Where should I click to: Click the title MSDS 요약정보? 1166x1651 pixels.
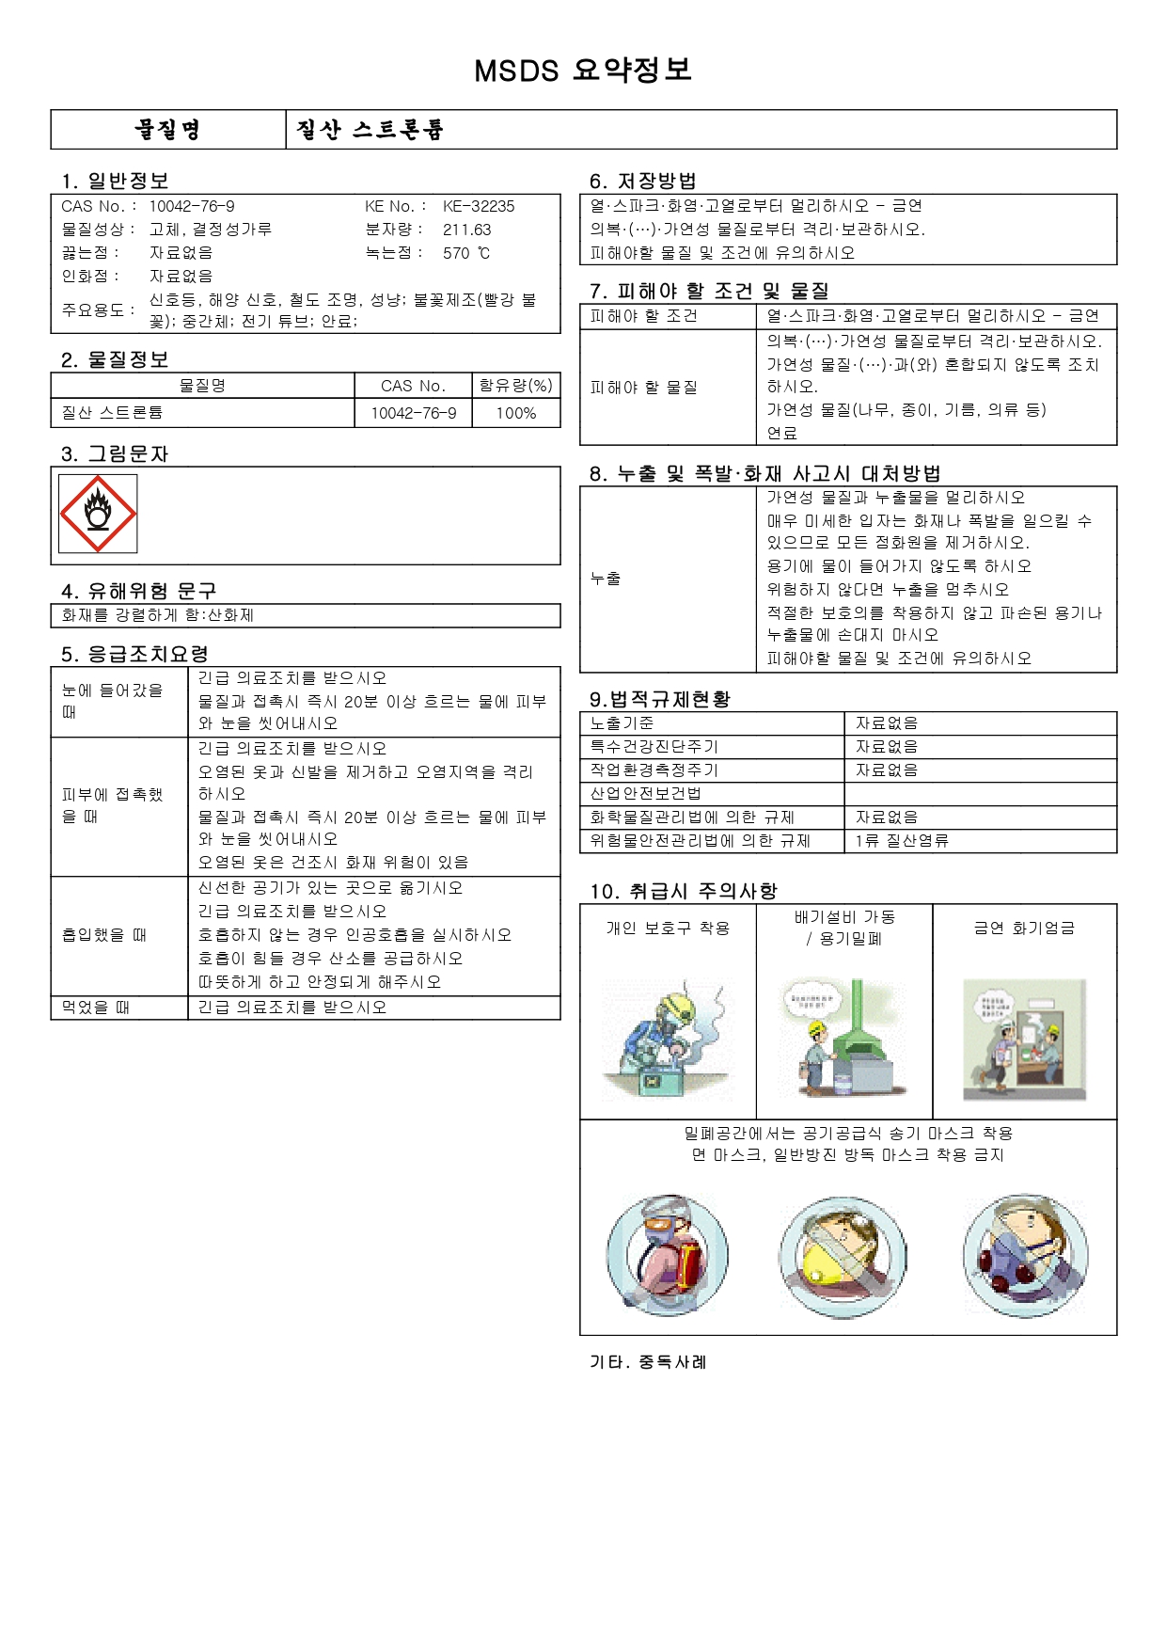582,71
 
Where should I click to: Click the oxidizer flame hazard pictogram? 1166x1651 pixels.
98,514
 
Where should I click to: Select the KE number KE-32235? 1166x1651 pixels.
479,206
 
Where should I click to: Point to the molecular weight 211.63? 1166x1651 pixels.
466,230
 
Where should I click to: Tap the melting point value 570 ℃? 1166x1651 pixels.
466,253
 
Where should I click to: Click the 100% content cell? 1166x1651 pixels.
515,413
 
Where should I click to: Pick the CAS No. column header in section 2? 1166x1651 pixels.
413,386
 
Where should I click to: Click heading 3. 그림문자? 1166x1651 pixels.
114,454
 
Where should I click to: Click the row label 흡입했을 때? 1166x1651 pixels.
103,935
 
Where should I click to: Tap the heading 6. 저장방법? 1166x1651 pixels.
642,181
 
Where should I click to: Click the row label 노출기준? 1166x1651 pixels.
622,723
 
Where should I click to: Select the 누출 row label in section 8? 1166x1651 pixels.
606,579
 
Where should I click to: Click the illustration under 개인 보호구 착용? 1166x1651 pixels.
667,1040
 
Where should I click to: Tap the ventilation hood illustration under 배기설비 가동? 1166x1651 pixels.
843,1037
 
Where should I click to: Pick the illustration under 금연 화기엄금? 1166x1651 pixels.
1024,1040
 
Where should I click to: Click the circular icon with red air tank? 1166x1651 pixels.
667,1256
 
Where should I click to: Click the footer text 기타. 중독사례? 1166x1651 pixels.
648,1362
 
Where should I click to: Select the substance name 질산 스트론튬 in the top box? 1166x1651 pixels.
370,130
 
